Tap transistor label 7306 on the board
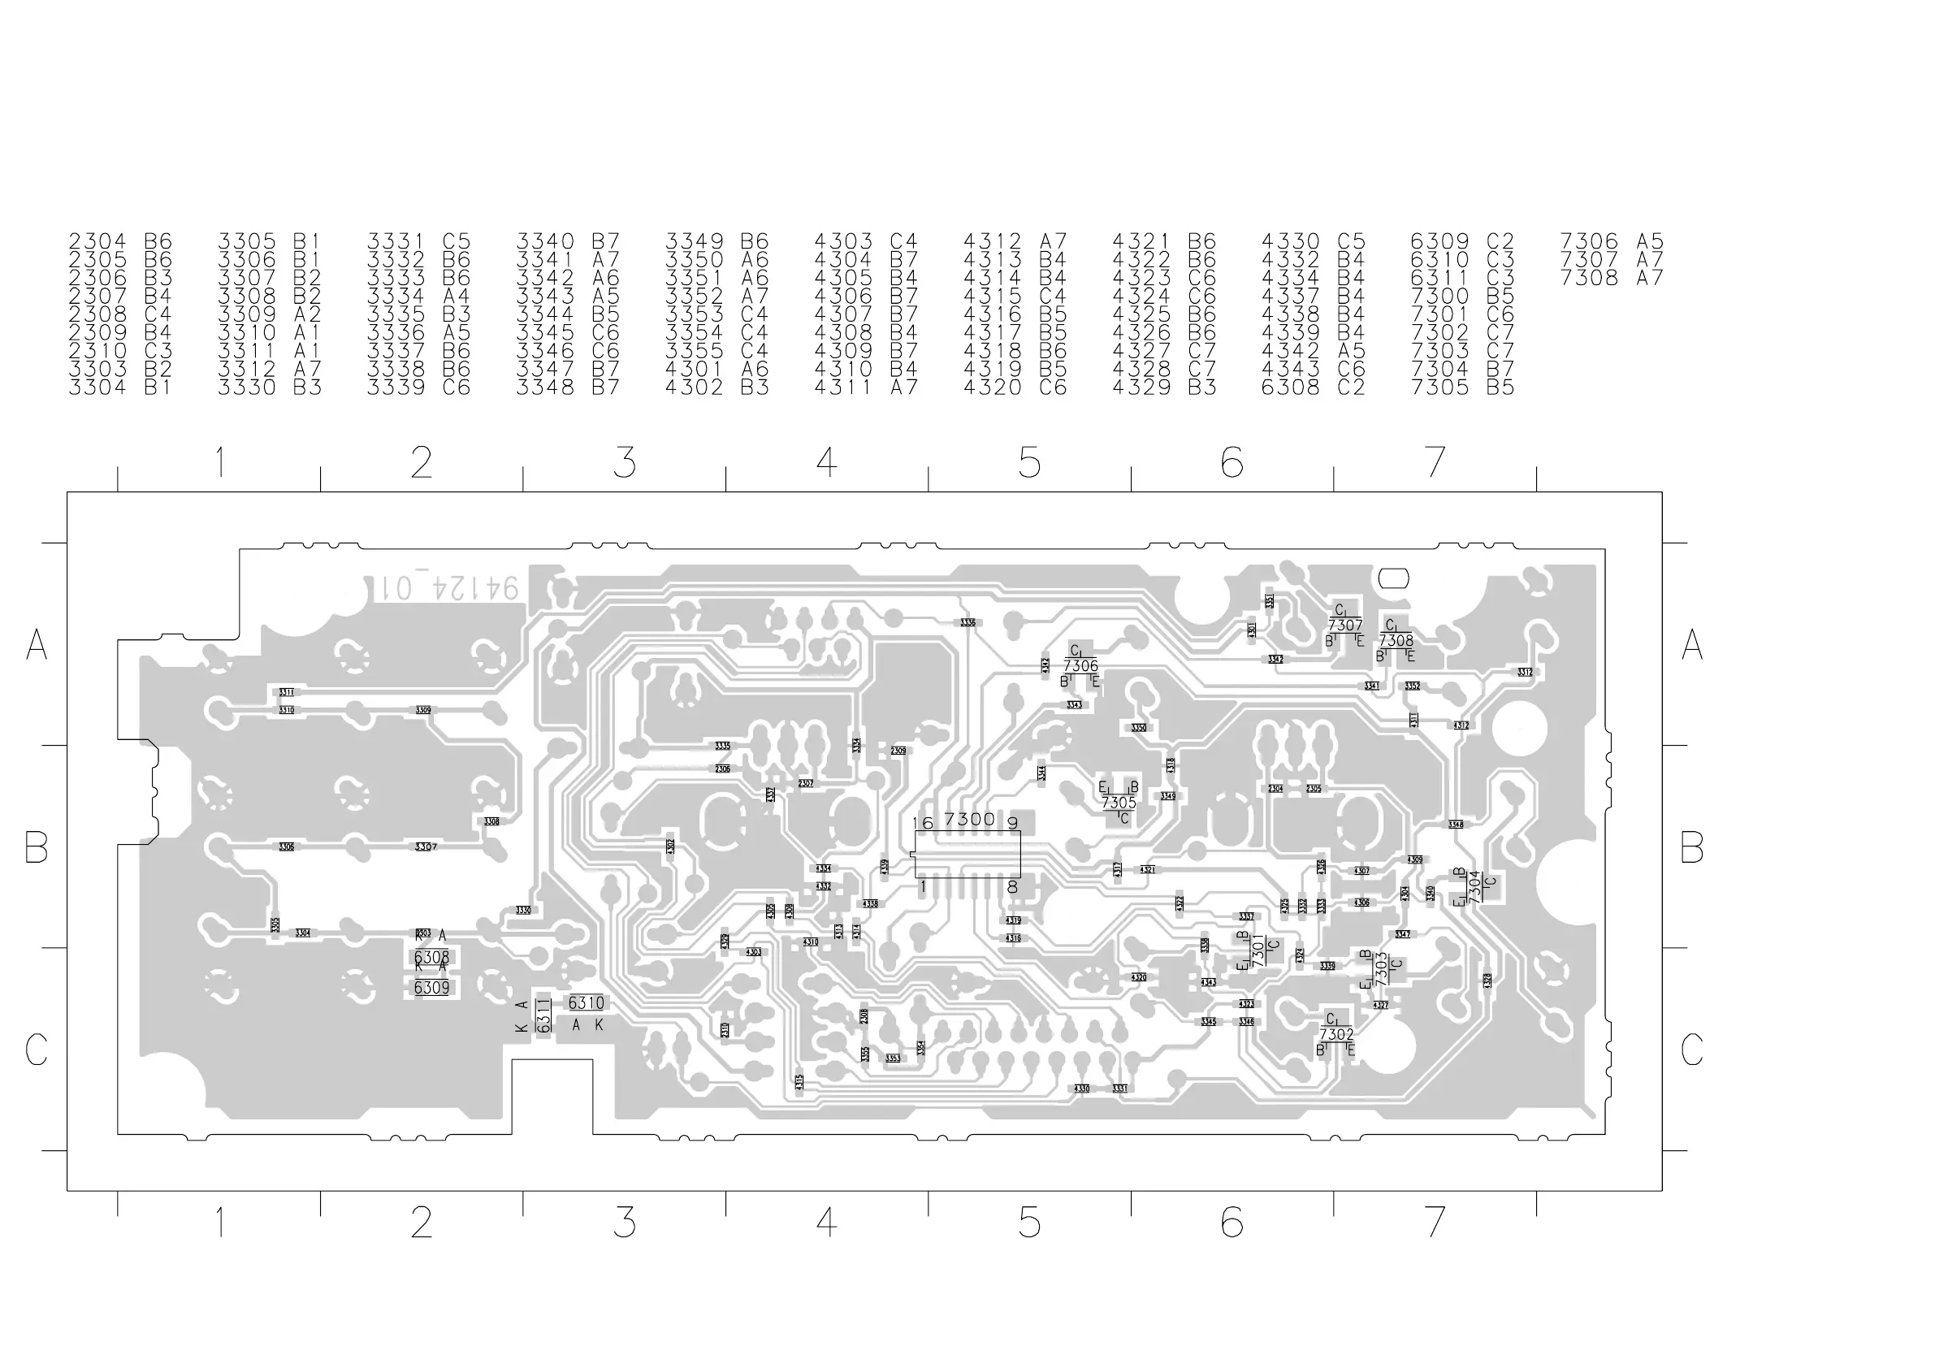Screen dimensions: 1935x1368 pos(1080,667)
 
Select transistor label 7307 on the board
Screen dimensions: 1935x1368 pos(1345,626)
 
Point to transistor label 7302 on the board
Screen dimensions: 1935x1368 pos(1336,1035)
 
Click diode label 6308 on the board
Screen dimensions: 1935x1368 pos(431,958)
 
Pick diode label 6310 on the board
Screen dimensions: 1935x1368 pos(586,1003)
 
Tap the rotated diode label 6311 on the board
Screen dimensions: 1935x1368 pos(543,1015)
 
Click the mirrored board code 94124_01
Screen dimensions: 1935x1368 pos(445,588)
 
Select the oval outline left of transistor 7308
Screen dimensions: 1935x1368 pos(1393,578)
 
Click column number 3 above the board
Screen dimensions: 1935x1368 pos(624,463)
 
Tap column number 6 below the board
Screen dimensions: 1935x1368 pos(1232,1222)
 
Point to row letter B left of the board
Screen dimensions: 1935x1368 pos(37,847)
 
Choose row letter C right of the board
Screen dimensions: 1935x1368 pos(1691,1050)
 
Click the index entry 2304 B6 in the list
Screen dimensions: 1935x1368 pos(119,242)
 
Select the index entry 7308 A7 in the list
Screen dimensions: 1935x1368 pos(1612,278)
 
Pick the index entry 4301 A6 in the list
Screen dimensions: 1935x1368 pos(716,369)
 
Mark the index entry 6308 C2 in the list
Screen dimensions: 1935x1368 pos(1312,387)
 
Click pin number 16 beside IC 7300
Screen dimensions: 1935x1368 pos(922,823)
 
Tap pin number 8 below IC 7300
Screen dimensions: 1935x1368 pos(1012,887)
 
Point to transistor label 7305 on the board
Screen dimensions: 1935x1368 pos(1119,803)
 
